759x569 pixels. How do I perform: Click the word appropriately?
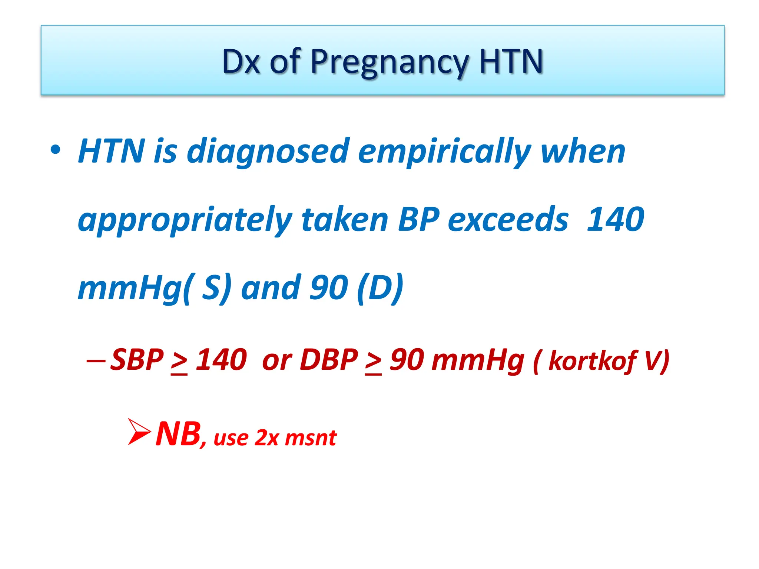(185, 220)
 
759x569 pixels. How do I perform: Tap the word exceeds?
(508, 220)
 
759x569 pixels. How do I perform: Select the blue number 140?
(616, 219)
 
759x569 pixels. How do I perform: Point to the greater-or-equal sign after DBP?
(373, 362)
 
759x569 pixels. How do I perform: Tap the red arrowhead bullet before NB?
(139, 432)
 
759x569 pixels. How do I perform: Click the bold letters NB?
(178, 434)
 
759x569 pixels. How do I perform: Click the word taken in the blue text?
(345, 220)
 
